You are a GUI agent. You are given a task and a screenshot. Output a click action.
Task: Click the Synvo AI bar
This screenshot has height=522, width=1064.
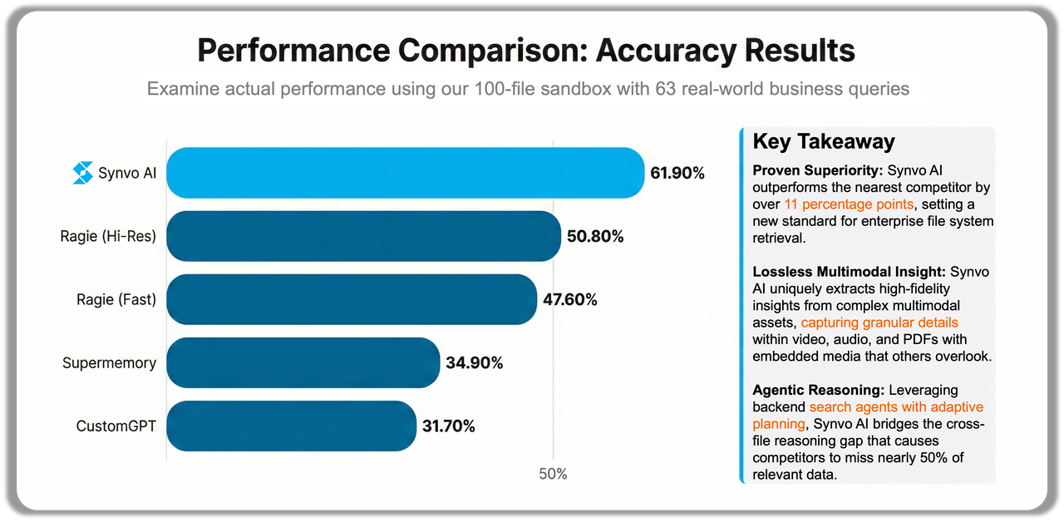click(x=406, y=173)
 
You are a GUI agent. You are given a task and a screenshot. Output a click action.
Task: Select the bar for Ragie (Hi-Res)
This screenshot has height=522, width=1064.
click(x=364, y=236)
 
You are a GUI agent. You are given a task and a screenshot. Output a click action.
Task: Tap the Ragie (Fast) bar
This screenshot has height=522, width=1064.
click(x=351, y=299)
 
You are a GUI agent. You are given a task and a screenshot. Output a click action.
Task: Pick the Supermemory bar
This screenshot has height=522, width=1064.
click(x=303, y=362)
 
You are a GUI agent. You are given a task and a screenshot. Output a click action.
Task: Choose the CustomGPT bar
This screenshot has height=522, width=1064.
click(x=291, y=426)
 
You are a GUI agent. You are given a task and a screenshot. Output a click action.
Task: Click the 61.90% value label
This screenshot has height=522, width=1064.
click(x=677, y=174)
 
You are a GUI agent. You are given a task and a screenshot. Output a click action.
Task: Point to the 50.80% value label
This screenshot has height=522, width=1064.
click(x=595, y=237)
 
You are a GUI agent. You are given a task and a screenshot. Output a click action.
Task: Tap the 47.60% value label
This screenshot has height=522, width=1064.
click(x=569, y=300)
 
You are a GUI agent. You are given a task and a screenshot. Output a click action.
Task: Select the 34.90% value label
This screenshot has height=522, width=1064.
click(x=474, y=363)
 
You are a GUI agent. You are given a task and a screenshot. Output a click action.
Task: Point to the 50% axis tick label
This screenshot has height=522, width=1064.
click(x=553, y=475)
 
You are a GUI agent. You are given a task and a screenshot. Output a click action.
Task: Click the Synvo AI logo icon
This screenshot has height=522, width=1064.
click(x=83, y=173)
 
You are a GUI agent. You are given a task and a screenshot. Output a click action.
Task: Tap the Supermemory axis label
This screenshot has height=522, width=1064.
click(x=109, y=363)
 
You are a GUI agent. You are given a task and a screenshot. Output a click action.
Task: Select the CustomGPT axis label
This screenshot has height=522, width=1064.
click(x=116, y=426)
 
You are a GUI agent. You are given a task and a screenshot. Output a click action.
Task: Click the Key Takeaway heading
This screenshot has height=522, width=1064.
click(x=823, y=141)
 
